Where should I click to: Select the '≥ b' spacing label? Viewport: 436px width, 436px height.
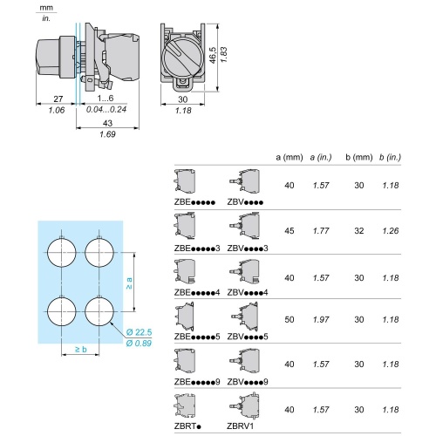(x=79, y=350)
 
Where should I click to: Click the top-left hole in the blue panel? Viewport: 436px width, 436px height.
(x=62, y=253)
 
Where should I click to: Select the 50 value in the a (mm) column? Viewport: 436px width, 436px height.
(x=290, y=324)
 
